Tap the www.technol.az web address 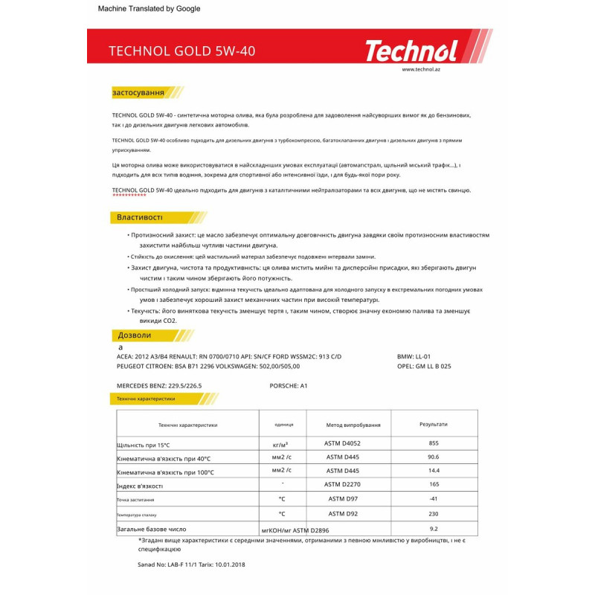coord(421,69)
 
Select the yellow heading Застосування coord(138,93)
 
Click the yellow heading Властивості coord(139,217)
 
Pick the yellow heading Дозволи coord(135,335)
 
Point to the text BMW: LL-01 coord(414,357)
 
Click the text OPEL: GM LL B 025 coord(424,366)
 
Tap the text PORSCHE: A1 coord(289,386)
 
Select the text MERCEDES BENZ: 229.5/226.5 coord(159,386)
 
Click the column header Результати coord(434,424)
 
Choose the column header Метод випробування coord(353,425)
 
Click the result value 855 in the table coord(434,443)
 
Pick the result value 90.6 coord(434,457)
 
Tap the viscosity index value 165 coord(434,485)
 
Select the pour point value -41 coord(434,499)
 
